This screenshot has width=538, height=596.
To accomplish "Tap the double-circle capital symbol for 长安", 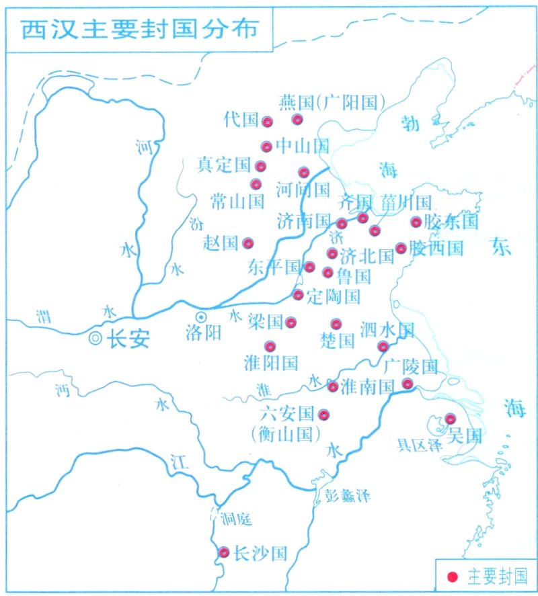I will click(x=98, y=339).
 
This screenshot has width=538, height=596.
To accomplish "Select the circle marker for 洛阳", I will click(x=200, y=316).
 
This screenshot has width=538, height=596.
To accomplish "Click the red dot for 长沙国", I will click(x=224, y=552).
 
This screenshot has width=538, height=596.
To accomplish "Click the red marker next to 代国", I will click(x=267, y=122).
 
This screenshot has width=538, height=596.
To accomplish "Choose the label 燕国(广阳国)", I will click(x=332, y=102).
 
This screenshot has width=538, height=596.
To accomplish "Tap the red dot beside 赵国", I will click(x=248, y=243).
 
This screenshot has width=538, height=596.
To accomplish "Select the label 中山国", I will click(x=303, y=146).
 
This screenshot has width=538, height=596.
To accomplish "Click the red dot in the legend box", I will click(x=453, y=577).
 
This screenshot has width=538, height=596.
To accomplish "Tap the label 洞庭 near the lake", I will click(x=235, y=518).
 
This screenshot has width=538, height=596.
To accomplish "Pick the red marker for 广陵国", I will click(x=408, y=383).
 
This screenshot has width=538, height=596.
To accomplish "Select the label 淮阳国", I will click(x=271, y=364).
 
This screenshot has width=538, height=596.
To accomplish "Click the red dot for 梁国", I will click(x=291, y=323).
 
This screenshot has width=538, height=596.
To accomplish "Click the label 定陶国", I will click(x=333, y=296).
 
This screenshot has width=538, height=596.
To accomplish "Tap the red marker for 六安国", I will click(x=323, y=415).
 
